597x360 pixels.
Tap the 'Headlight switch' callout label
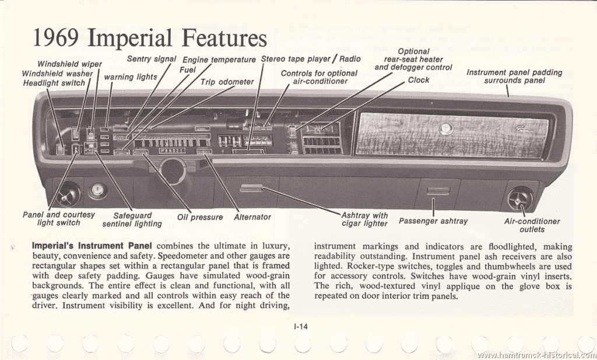click(x=54, y=83)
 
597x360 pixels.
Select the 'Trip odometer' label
click(x=227, y=82)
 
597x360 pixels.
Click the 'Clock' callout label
click(x=419, y=80)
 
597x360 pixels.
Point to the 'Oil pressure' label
click(x=200, y=217)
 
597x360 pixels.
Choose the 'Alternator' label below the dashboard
click(x=252, y=217)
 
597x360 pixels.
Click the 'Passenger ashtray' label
click(x=433, y=221)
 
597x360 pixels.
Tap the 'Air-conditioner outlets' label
click(x=532, y=225)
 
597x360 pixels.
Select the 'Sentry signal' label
click(x=152, y=60)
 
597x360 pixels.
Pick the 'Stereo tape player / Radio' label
click(x=311, y=59)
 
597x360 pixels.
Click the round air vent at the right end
click(x=519, y=198)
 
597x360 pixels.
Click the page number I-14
click(x=301, y=327)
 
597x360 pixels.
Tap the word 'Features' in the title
click(x=224, y=39)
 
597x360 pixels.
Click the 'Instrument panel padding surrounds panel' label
click(x=515, y=76)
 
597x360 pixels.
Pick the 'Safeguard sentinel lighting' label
click(x=132, y=219)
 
